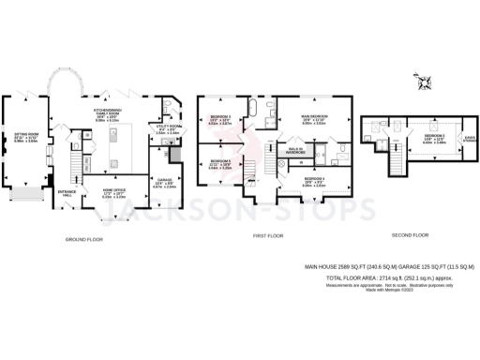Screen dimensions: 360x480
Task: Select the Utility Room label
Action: (165, 130)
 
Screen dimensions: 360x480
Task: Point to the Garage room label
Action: (163, 185)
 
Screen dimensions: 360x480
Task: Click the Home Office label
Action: (113, 195)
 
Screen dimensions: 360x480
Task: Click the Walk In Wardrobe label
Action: (287, 151)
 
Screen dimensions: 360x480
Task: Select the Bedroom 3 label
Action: (219, 120)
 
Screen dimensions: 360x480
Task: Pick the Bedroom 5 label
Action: (219, 166)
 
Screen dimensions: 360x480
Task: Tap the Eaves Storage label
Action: (467, 141)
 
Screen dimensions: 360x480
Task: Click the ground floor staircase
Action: (67, 170)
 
